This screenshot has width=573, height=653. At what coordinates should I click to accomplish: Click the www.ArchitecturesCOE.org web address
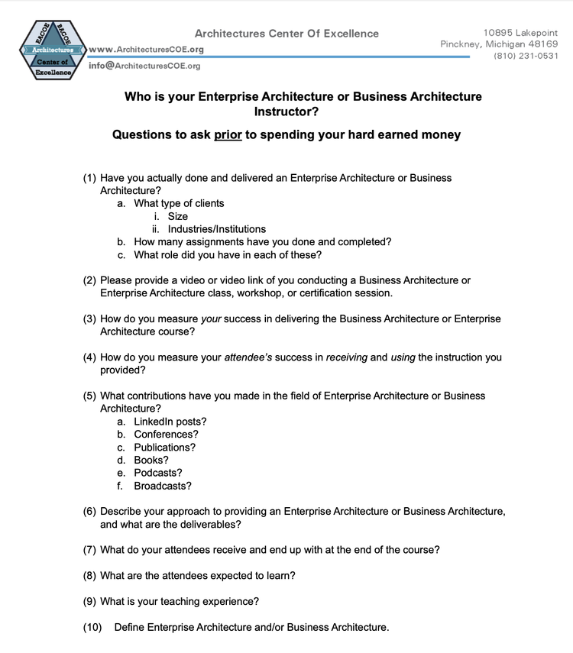[x=146, y=50]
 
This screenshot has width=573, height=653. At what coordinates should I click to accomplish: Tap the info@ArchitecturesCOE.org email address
[x=144, y=66]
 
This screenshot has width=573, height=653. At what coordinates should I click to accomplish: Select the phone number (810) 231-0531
[x=526, y=56]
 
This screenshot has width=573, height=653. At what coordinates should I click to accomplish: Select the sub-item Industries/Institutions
[x=217, y=229]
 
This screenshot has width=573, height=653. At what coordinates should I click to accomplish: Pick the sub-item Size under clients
[x=178, y=216]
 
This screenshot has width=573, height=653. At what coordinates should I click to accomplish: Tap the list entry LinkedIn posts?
[x=170, y=422]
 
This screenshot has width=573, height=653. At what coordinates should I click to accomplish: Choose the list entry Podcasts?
[x=157, y=473]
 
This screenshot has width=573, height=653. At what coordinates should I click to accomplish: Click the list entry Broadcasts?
[x=163, y=486]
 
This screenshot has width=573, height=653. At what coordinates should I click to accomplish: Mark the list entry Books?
[x=151, y=460]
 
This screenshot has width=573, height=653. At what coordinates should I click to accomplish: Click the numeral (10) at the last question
[x=92, y=628]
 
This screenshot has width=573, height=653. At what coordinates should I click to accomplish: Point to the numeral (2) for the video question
[x=89, y=280]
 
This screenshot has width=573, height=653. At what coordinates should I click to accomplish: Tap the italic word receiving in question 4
[x=347, y=357]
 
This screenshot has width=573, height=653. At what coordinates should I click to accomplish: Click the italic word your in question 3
[x=211, y=318]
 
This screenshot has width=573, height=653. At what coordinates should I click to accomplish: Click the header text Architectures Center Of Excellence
[x=286, y=34]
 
